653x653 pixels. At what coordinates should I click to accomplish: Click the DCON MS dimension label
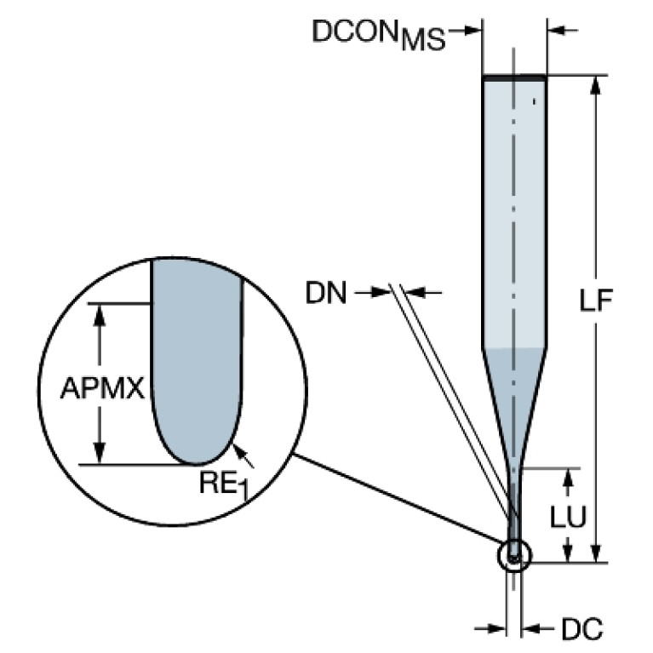tap(378, 34)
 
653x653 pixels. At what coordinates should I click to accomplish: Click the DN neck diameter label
tap(327, 294)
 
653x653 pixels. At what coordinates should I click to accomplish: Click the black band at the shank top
tap(513, 78)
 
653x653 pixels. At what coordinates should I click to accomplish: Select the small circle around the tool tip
tap(513, 555)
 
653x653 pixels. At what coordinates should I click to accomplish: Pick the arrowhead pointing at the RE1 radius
tap(241, 450)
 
